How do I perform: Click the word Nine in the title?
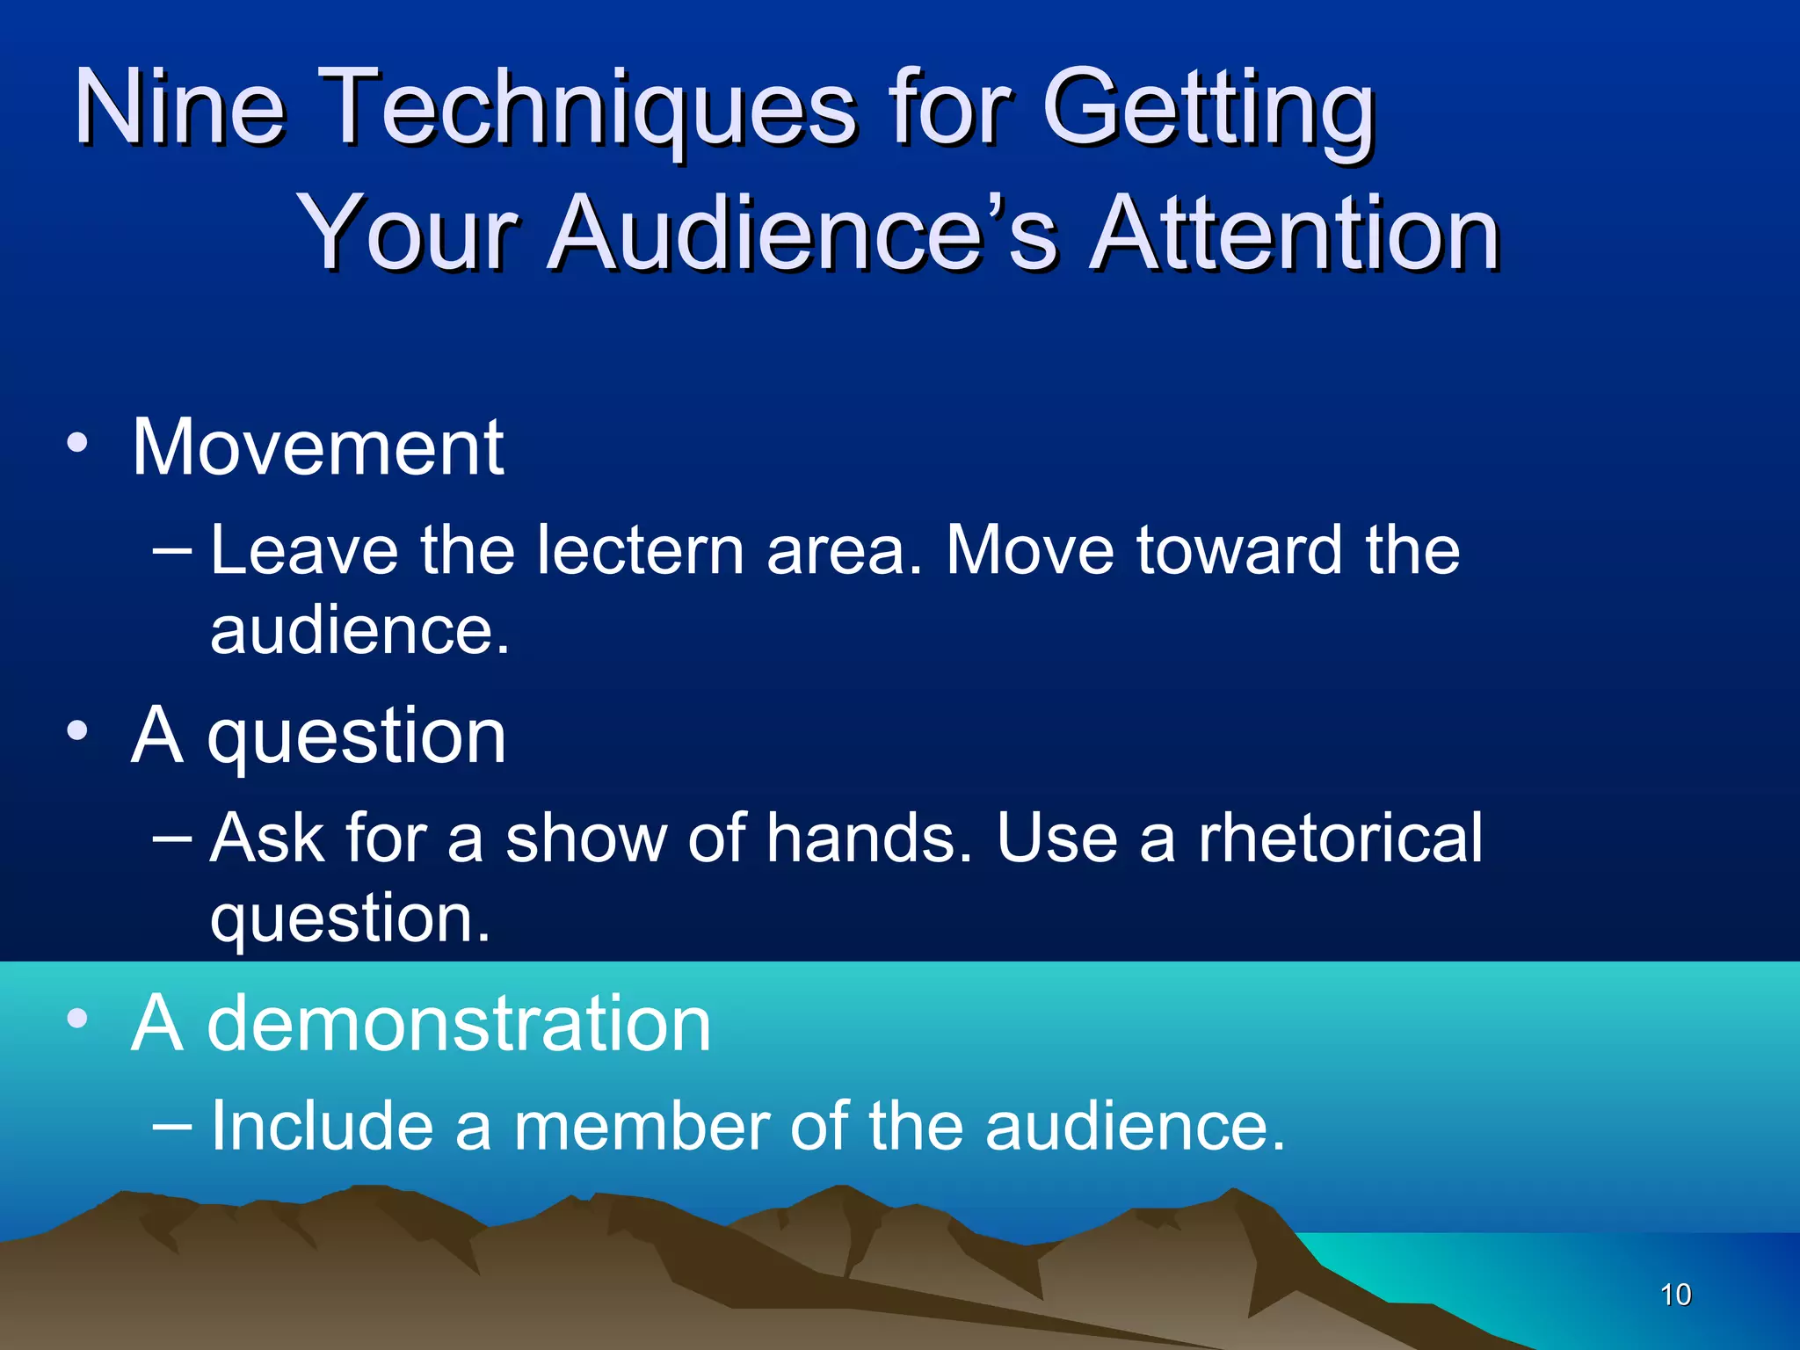180,107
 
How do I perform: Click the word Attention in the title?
1294,234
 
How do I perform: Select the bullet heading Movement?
317,447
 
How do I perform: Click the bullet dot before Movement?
77,444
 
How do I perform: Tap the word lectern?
641,550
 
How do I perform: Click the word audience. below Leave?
359,630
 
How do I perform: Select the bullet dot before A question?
77,731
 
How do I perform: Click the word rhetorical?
1340,838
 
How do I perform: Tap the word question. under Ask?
349,919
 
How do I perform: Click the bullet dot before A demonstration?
77,1019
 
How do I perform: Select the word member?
641,1126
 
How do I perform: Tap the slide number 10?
1675,1295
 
